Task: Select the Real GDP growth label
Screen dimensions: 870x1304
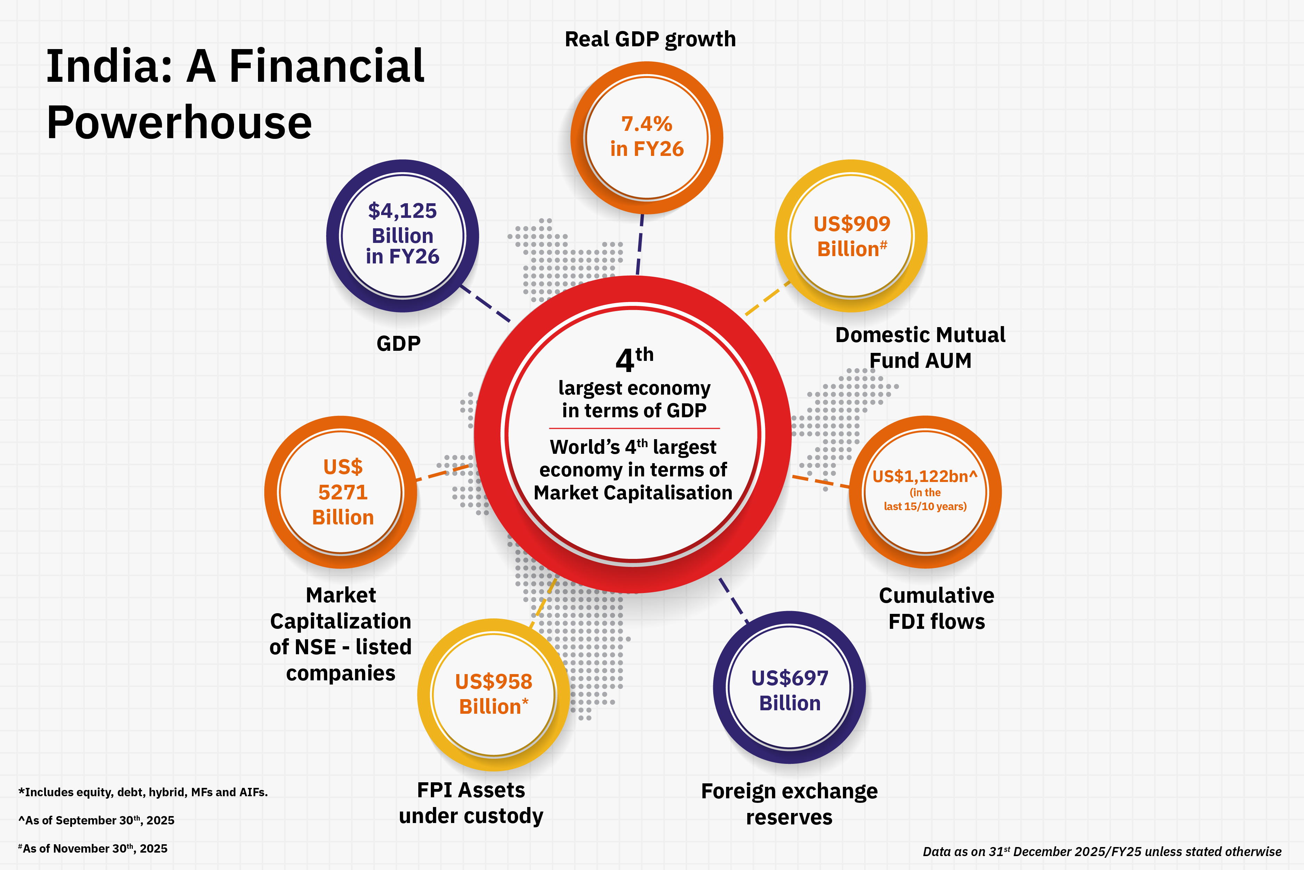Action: point(650,39)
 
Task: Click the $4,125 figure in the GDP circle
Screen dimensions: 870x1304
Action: point(403,211)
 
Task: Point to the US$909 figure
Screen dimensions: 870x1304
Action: point(852,224)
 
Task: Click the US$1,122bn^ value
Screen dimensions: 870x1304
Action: point(924,476)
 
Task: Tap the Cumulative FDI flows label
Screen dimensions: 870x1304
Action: point(936,608)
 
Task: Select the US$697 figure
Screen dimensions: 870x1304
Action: point(789,678)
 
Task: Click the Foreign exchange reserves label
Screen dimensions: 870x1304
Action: point(789,804)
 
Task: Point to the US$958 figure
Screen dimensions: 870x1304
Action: point(493,681)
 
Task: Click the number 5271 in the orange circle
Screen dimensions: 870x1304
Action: point(343,492)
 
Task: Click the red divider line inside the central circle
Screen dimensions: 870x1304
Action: point(634,428)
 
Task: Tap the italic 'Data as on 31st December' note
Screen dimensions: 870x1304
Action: point(1102,851)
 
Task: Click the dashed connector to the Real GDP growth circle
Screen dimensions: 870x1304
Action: point(640,245)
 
